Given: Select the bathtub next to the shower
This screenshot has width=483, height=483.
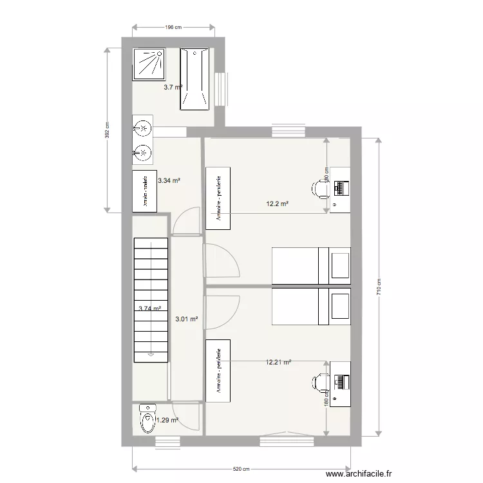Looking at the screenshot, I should point(194,78).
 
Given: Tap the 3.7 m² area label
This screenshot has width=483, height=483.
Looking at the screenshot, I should point(172,87).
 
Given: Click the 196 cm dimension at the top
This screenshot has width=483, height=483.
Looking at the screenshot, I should point(173,27).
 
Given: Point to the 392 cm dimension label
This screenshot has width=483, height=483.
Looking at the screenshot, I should point(107,131).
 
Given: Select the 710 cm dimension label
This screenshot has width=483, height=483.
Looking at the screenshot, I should point(379,287).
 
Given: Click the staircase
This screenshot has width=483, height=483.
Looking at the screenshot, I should point(151,299).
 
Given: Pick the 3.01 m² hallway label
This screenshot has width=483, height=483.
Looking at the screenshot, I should point(187,318).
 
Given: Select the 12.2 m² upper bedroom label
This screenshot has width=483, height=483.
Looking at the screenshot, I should point(277,204).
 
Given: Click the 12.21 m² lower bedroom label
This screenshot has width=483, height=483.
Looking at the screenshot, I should point(278,363).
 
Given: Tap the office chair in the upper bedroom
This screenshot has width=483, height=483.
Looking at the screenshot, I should point(320,189).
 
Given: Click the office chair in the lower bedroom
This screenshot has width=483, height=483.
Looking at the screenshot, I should point(319,382).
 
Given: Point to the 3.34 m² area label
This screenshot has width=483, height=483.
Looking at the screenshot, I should point(169,181).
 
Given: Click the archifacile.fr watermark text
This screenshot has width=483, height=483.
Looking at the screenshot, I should point(359,473).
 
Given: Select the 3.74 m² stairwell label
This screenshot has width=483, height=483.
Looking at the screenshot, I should point(150,308).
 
